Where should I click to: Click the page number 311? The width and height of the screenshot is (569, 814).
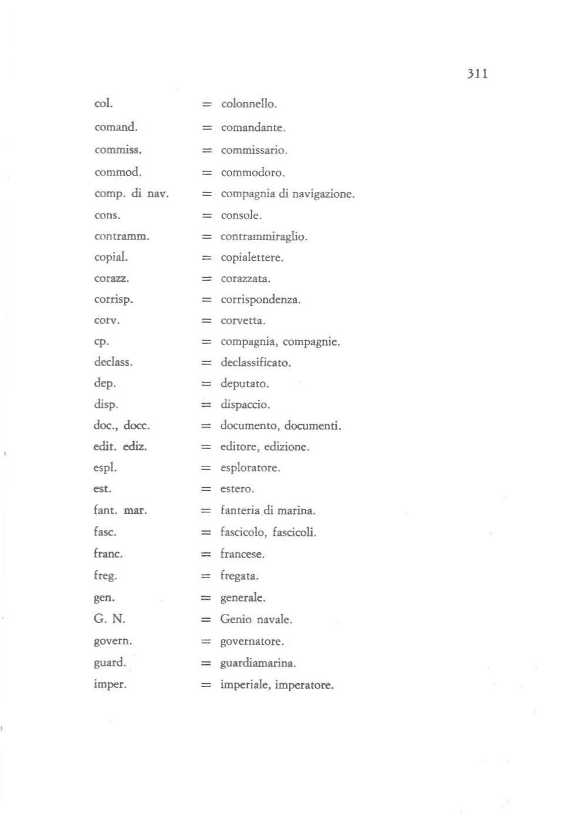pos(477,73)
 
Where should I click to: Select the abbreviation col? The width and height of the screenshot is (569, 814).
pos(103,103)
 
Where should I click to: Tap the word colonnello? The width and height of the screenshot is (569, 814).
pos(248,104)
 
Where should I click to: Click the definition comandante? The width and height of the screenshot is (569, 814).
pos(253,127)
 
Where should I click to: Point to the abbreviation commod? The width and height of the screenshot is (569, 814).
pos(118,172)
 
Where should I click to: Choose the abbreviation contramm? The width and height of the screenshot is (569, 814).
pos(122,237)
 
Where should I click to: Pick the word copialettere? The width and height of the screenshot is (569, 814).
pos(252,258)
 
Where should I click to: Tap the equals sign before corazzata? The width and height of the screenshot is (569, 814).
pos(206,279)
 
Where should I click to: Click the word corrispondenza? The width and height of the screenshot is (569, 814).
pos(260,300)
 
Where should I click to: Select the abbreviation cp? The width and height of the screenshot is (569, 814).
pos(101,342)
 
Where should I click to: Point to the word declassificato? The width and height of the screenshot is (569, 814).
pos(255,363)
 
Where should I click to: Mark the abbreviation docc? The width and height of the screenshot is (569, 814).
pos(137,425)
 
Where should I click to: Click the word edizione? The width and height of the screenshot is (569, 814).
pos(286,447)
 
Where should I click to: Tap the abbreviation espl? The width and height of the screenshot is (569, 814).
pos(105,468)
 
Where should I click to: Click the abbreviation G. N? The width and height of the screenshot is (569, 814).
pos(109,619)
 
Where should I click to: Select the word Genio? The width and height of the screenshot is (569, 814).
pos(235,619)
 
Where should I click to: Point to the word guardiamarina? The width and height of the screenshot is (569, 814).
pos(258,663)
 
